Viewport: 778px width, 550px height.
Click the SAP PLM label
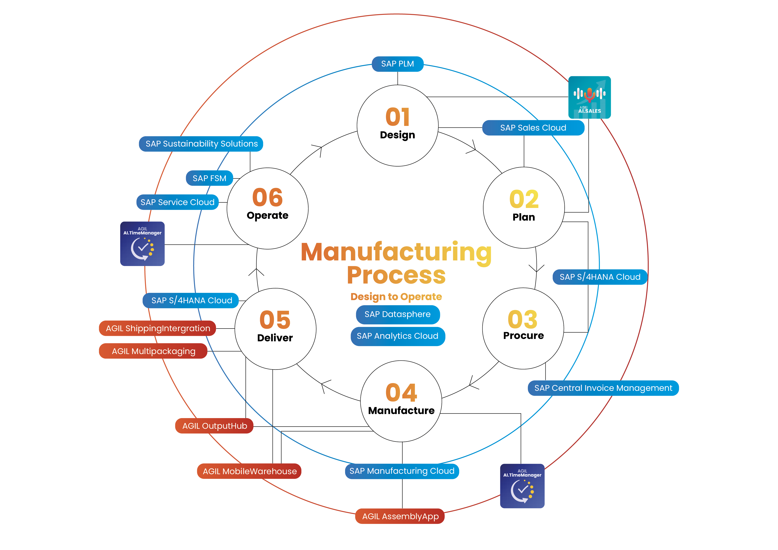click(x=397, y=64)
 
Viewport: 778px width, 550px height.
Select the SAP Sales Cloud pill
click(x=533, y=128)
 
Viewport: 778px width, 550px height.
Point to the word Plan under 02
click(x=524, y=217)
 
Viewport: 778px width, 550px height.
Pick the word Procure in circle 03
click(x=523, y=336)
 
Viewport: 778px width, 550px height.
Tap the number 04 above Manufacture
click(x=401, y=393)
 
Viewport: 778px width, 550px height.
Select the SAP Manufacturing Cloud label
click(x=402, y=471)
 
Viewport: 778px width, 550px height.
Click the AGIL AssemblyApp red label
click(x=400, y=517)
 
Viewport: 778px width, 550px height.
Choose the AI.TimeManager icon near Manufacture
click(x=522, y=486)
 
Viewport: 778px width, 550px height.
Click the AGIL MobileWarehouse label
click(x=250, y=472)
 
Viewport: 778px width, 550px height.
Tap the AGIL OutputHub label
click(x=214, y=426)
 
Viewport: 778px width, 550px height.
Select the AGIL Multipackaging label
click(x=153, y=351)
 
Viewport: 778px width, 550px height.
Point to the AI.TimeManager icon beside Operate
click(x=142, y=244)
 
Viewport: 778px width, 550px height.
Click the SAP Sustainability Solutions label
click(x=201, y=144)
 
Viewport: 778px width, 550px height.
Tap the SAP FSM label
click(x=209, y=178)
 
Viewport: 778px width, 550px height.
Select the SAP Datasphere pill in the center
click(x=397, y=314)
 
